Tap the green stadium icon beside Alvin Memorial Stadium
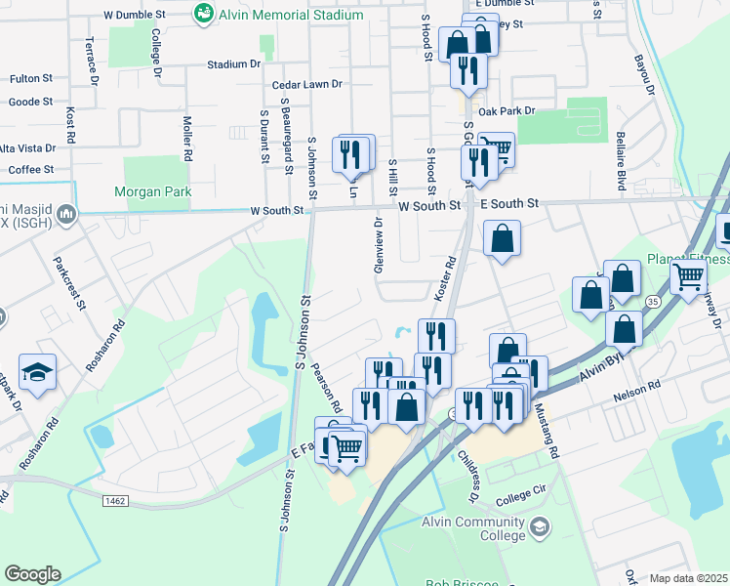point(204,13)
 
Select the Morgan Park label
point(153,192)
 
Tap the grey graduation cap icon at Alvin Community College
point(540,528)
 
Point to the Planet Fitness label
point(689,259)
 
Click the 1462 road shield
point(116,501)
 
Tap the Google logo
point(32,574)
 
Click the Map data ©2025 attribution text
point(689,578)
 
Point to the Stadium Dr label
point(234,64)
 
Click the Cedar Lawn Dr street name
point(307,84)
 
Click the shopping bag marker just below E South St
point(502,238)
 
